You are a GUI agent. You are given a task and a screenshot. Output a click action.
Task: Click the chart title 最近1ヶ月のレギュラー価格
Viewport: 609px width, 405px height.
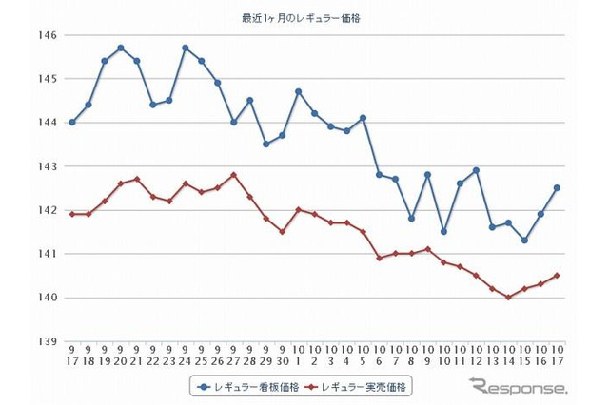pos(304,17)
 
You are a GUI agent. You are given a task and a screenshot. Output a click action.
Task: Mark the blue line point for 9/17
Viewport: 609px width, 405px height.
pos(72,123)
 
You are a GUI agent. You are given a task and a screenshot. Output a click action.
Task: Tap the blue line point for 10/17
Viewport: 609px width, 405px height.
pos(557,187)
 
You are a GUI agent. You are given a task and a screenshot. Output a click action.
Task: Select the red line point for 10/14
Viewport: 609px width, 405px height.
pos(508,298)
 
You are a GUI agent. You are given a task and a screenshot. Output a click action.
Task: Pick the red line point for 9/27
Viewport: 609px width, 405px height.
pos(234,175)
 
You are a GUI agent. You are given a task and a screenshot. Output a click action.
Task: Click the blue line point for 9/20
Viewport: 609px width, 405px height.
pos(121,48)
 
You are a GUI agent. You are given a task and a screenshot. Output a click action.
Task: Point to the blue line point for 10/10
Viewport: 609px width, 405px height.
pos(443,232)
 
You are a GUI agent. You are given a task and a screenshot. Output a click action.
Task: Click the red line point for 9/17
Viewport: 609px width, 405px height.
pos(72,214)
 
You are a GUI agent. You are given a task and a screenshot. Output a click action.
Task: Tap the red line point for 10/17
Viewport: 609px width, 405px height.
pos(557,276)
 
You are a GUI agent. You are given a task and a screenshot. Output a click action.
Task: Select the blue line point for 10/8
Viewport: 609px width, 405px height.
pos(411,219)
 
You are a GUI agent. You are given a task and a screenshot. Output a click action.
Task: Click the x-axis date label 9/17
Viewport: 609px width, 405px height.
pos(72,356)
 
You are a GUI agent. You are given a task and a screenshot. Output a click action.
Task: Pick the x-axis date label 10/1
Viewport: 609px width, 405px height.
pos(298,356)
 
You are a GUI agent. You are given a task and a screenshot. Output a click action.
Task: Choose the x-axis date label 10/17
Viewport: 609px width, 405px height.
pos(557,356)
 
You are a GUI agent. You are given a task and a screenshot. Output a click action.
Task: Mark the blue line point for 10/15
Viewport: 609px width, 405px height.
pos(524,241)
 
